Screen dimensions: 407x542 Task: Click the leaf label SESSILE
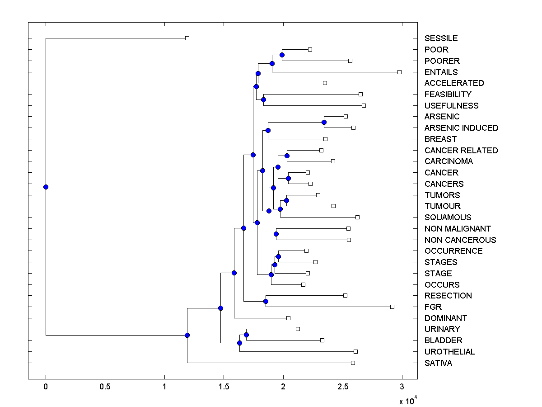pos(441,38)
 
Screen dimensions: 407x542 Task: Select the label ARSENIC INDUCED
pos(461,128)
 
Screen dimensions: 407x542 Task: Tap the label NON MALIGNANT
pos(458,229)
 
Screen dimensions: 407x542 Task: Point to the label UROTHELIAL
pos(449,352)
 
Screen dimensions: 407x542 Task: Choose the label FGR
pos(433,307)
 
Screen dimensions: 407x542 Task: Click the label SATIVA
pos(438,363)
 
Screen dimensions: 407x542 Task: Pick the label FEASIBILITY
pos(448,95)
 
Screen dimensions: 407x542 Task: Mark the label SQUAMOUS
pos(448,218)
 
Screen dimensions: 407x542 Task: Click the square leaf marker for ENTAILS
pos(399,72)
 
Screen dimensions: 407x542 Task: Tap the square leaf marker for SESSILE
pos(187,38)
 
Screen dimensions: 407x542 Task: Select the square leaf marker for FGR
pos(392,307)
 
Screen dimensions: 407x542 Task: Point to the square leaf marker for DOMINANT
pos(289,318)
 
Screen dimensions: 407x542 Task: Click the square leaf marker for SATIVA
pos(353,363)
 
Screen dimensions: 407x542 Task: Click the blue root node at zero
pos(46,187)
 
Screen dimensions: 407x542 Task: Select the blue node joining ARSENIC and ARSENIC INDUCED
pos(324,122)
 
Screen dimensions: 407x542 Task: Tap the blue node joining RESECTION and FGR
pos(266,301)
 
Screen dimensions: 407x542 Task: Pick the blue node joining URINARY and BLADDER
pos(246,335)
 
